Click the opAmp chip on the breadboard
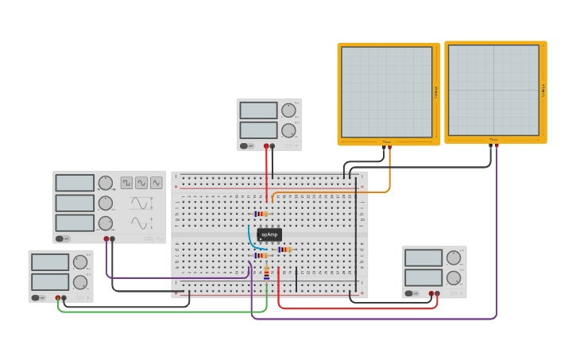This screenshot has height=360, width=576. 269,234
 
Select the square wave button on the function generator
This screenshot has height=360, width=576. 126,183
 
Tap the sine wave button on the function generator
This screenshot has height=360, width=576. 141,183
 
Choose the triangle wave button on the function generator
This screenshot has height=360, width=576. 156,183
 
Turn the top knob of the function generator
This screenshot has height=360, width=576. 105,183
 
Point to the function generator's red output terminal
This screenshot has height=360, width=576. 106,238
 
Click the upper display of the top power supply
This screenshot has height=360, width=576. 258,110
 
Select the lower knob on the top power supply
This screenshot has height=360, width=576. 288,130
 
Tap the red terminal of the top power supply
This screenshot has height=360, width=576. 266,146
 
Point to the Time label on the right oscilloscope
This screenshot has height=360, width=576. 493,140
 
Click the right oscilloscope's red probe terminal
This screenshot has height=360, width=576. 497,146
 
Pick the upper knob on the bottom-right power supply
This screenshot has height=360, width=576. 454,257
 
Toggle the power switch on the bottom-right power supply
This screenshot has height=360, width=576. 411,293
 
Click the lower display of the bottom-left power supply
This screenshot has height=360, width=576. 50,281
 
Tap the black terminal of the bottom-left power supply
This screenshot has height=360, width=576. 64,298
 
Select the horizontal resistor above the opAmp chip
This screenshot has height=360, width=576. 260,214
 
